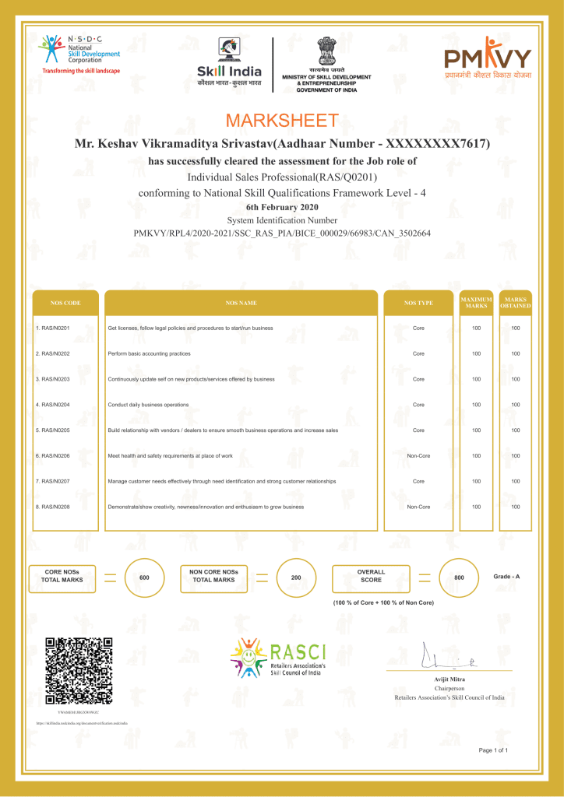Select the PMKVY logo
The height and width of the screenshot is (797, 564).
pos(488,58)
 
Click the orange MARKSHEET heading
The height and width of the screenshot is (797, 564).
pos(282,121)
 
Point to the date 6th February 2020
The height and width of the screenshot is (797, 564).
pos(282,207)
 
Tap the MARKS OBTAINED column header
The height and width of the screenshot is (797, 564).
pos(515,302)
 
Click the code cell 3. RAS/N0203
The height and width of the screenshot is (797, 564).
pos(54,379)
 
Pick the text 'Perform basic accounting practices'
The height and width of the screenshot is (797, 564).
pos(149,353)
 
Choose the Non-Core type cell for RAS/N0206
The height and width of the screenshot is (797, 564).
pos(418,455)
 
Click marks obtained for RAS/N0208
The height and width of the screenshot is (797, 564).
pos(515,507)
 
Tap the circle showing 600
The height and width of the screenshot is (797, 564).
pos(144,578)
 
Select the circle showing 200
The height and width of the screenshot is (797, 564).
pos(296,578)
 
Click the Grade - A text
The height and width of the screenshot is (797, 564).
pos(506,576)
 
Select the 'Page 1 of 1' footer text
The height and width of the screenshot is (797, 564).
pos(493,750)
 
